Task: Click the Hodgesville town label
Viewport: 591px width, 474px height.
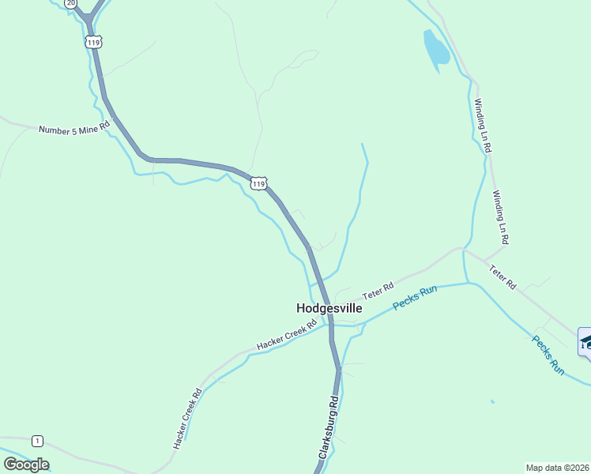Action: tap(329, 308)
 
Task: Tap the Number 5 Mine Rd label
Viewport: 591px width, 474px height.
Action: tap(73, 128)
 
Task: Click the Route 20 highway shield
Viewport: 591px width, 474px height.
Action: tap(71, 4)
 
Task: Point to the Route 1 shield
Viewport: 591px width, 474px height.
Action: tap(37, 440)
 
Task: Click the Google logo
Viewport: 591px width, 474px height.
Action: tap(26, 465)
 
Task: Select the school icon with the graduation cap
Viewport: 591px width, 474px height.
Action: tap(585, 342)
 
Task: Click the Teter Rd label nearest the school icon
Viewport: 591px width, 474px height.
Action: tap(502, 277)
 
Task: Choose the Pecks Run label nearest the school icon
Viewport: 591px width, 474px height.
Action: tap(548, 355)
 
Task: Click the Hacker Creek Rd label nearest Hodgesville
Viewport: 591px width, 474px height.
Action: tap(286, 336)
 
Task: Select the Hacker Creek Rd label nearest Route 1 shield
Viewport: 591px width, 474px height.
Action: tap(188, 419)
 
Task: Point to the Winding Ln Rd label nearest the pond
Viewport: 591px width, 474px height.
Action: tap(483, 125)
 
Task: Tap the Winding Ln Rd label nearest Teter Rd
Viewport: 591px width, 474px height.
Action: tap(501, 216)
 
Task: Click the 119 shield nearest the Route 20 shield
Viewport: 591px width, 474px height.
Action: tap(94, 41)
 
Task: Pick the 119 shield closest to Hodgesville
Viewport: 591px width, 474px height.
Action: tap(258, 183)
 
